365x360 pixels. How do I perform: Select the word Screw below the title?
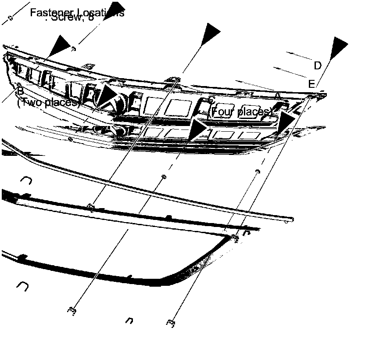66,18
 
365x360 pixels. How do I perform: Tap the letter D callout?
318,66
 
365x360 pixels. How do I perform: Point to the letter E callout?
311,84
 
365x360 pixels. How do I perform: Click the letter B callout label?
20,92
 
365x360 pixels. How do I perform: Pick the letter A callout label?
277,95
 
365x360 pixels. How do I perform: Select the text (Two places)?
48,103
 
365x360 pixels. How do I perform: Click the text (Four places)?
241,112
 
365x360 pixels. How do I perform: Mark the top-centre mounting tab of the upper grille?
173,79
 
